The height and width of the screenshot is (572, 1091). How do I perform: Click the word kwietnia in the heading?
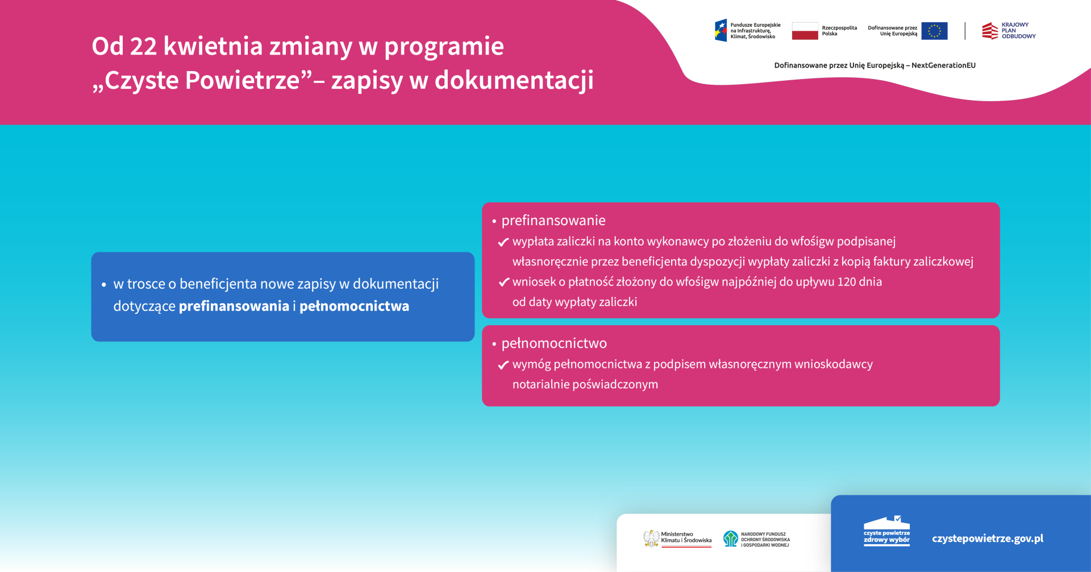(213, 45)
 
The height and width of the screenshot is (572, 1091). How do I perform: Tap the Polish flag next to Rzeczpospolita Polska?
(805, 31)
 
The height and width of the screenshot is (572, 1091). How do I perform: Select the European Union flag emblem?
(934, 31)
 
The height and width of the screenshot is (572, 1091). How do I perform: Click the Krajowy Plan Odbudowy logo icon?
(990, 31)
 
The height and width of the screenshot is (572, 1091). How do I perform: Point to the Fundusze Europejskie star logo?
(721, 31)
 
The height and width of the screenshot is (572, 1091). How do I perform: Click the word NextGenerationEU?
(943, 65)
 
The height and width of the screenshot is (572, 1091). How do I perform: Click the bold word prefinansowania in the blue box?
(234, 306)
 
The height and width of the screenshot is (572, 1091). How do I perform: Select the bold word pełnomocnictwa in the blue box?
(354, 306)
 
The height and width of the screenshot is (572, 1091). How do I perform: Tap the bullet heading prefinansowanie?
(553, 221)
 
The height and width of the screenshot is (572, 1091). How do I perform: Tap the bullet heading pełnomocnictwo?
(554, 343)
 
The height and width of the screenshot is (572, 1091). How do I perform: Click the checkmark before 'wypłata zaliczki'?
(503, 242)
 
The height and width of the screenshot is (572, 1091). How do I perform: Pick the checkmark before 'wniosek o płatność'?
(503, 282)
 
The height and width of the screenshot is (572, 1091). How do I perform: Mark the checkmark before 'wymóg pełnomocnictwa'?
(503, 365)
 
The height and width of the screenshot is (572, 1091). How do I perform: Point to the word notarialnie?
(541, 384)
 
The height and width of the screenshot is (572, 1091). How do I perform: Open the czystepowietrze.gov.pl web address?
(988, 538)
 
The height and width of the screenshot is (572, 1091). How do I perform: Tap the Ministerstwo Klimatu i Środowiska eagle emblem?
(651, 538)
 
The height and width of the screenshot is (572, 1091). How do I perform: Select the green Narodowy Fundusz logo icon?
(730, 538)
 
